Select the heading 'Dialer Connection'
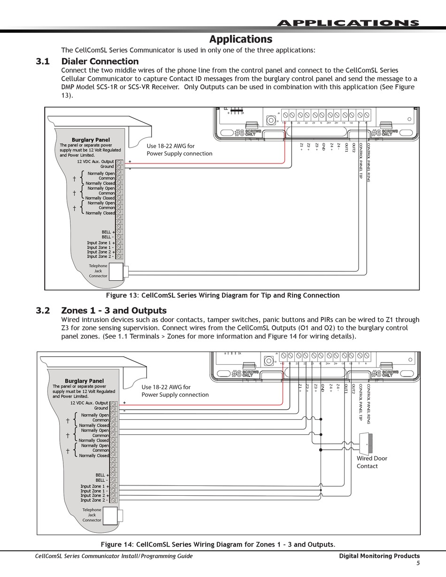[100, 62]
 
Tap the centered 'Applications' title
[240, 39]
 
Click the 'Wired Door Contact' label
[372, 462]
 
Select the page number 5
[418, 563]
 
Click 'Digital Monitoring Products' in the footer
[379, 556]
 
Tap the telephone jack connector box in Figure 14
[110, 515]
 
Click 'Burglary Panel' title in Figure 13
[91, 140]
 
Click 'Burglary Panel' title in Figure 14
[84, 381]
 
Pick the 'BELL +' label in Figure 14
[101, 475]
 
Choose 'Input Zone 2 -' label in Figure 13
[100, 257]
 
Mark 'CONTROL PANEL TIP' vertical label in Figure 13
[361, 161]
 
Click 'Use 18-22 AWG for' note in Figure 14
[166, 387]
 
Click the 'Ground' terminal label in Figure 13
[107, 167]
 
